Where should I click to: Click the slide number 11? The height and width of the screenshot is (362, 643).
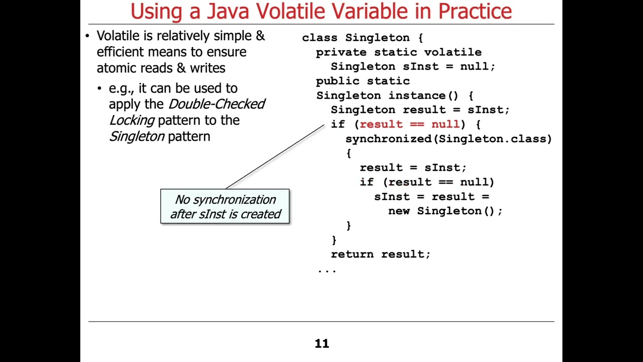tap(321, 344)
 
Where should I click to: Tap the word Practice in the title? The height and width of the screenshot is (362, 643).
tap(475, 11)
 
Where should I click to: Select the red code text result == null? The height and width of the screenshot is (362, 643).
tap(409, 124)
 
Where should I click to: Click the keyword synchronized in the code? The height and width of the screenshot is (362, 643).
tap(388, 139)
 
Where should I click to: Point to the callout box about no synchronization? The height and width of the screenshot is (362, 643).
tap(225, 207)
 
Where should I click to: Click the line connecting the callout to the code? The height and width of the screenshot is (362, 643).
tap(275, 156)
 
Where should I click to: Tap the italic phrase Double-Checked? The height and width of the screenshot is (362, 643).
tap(217, 104)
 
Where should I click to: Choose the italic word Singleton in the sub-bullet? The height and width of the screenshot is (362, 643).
tap(137, 136)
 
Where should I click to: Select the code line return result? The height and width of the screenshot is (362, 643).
tap(380, 254)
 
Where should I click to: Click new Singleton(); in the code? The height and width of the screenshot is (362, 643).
tap(445, 211)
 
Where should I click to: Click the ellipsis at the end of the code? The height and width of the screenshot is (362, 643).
tap(327, 270)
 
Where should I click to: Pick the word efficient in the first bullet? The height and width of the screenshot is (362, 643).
tap(120, 52)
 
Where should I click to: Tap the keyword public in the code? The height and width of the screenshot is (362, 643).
tap(338, 81)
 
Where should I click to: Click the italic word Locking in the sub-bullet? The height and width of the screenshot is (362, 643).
tap(132, 120)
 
